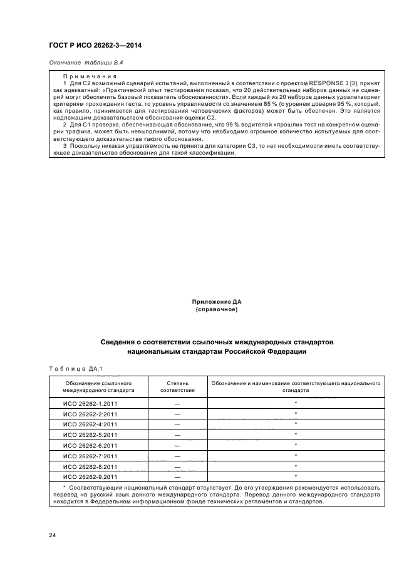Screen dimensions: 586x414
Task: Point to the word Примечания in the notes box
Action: click(86, 76)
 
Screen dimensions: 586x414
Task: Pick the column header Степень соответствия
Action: click(177, 386)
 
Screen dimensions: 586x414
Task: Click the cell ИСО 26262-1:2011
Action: click(90, 404)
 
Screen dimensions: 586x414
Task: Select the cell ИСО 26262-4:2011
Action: click(90, 424)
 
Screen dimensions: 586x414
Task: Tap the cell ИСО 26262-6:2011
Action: click(90, 445)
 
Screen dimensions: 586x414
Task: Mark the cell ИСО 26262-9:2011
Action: click(90, 476)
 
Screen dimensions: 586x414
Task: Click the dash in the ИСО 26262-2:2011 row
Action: click(177, 414)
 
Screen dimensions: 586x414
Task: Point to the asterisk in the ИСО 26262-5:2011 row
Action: click(295, 434)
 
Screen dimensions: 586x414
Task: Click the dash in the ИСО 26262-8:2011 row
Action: click(177, 466)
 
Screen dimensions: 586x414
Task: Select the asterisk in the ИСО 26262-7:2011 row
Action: click(295, 455)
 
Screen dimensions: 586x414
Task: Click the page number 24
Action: click(53, 535)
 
